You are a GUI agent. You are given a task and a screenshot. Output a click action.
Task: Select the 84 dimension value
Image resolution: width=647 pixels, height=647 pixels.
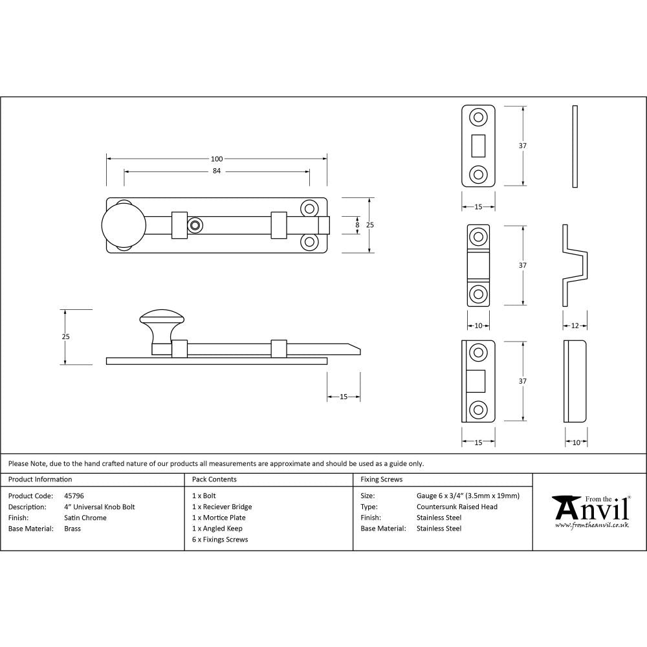click(216, 171)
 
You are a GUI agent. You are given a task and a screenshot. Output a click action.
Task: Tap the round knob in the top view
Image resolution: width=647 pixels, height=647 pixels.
click(124, 225)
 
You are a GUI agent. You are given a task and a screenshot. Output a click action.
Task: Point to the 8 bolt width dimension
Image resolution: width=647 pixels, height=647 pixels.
click(356, 224)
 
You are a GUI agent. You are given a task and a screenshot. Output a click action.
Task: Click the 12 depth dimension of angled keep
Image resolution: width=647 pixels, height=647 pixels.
click(575, 326)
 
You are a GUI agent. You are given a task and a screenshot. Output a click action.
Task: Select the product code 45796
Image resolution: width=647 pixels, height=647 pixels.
click(74, 496)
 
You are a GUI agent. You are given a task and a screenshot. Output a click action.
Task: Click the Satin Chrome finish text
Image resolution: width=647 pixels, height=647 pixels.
click(85, 518)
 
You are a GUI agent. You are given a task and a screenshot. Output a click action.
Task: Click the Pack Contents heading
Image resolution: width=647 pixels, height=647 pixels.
click(214, 479)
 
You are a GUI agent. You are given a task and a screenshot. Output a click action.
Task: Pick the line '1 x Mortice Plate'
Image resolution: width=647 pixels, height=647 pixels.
click(219, 518)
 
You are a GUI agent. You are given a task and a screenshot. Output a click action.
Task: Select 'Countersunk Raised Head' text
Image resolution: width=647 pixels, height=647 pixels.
click(457, 507)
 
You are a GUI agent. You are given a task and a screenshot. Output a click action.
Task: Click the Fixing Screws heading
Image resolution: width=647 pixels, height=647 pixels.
click(381, 479)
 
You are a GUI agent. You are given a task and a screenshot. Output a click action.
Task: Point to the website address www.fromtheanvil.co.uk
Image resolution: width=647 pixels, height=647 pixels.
click(592, 525)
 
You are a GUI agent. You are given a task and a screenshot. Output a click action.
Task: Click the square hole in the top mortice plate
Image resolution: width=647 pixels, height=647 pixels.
click(479, 146)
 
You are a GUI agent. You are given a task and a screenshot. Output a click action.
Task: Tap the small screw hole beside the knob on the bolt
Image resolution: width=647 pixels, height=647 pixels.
click(194, 225)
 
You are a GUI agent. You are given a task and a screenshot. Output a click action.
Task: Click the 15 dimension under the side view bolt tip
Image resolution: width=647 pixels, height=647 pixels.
click(344, 397)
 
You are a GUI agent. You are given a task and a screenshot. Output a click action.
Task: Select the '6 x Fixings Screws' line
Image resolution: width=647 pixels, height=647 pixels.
click(220, 539)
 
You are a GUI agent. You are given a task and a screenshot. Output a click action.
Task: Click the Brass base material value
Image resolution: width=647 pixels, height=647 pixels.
click(72, 529)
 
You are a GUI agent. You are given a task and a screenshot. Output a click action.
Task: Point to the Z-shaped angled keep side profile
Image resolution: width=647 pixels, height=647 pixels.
click(575, 265)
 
